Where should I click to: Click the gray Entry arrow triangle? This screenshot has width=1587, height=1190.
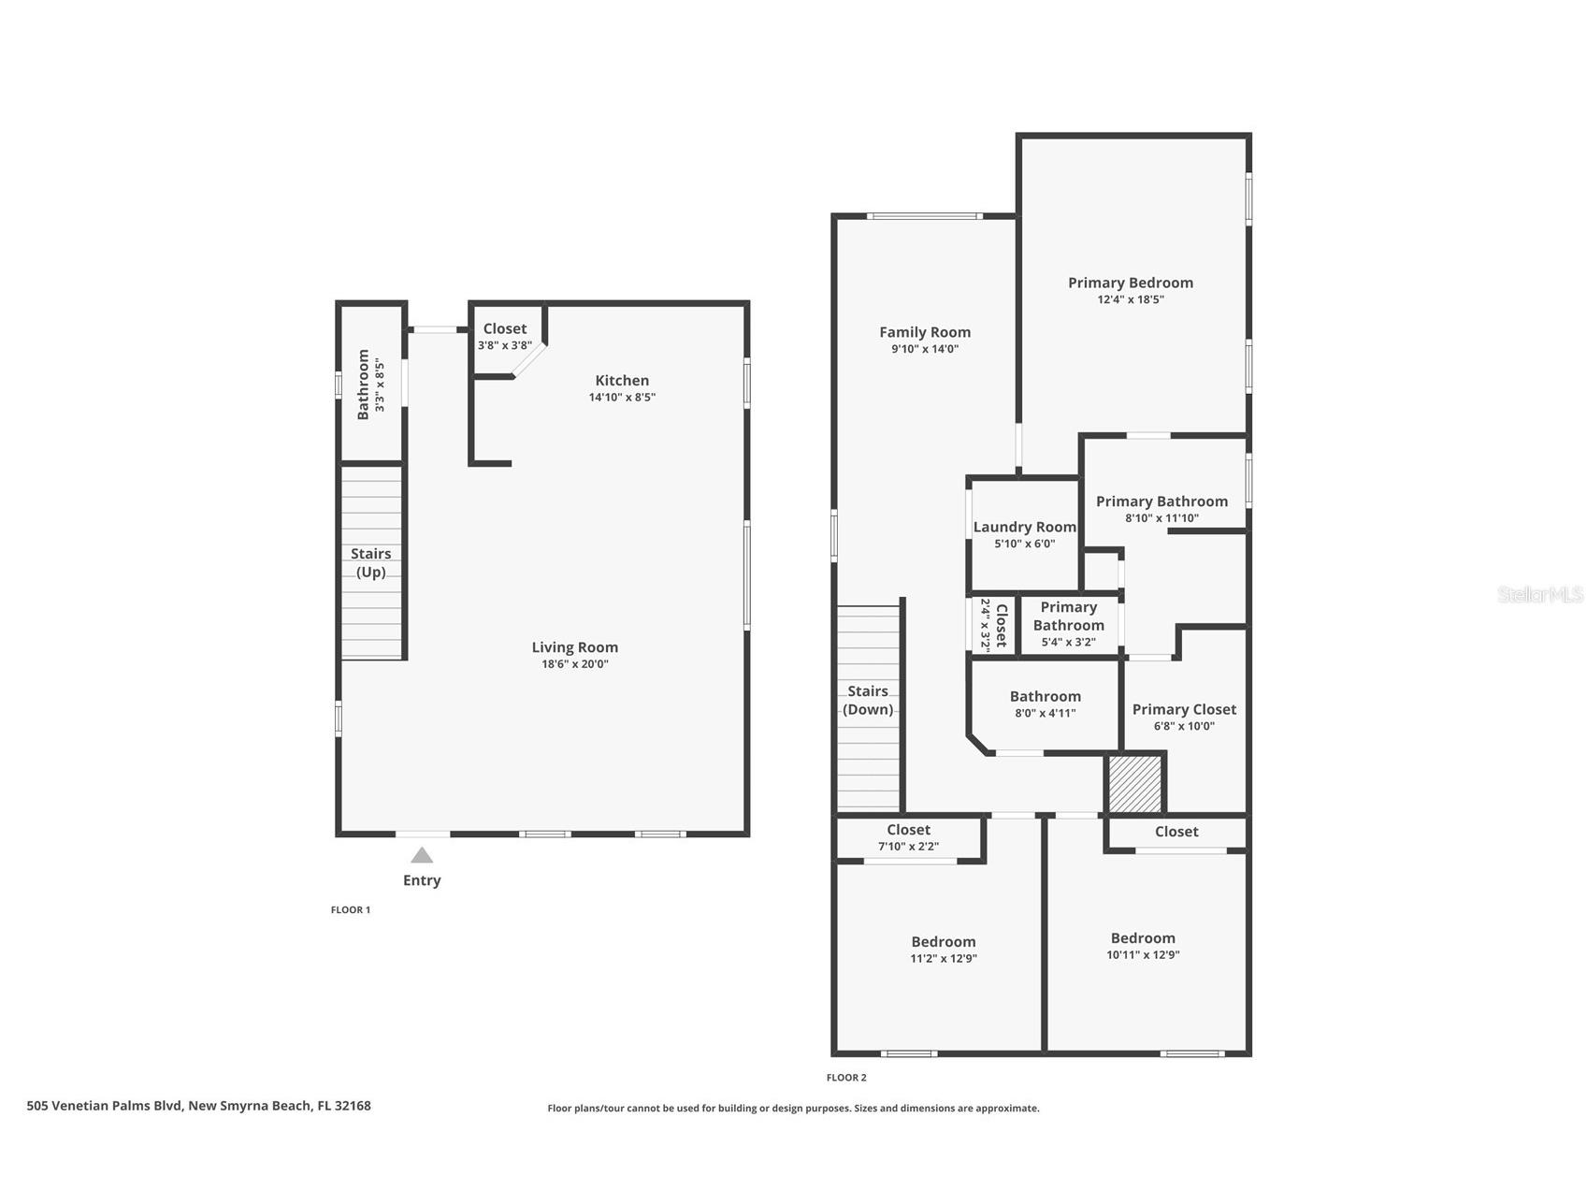422,855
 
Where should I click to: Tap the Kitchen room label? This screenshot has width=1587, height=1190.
622,381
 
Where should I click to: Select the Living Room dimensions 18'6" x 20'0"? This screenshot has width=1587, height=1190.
574,664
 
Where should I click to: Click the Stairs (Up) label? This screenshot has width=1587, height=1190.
371,562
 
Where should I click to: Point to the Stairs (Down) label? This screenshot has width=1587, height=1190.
868,700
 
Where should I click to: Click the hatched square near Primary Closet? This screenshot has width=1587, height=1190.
1134,784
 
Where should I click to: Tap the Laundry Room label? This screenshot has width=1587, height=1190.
1024,528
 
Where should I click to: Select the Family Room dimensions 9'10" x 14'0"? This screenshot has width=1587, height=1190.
924,349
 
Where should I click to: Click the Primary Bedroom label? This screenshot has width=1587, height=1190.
1130,283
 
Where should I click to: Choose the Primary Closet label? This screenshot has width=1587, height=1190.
1184,709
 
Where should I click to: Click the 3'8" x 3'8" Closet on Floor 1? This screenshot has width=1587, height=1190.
505,336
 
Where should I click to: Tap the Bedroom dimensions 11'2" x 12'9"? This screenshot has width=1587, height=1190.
944,959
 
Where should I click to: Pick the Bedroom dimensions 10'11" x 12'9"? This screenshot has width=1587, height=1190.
1143,955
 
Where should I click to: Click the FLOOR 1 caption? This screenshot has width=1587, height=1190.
351,910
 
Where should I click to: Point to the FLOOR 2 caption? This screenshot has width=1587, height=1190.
846,1078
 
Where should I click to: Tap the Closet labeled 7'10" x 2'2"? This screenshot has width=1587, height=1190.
908,837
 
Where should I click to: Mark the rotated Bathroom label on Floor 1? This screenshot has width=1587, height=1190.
364,385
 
